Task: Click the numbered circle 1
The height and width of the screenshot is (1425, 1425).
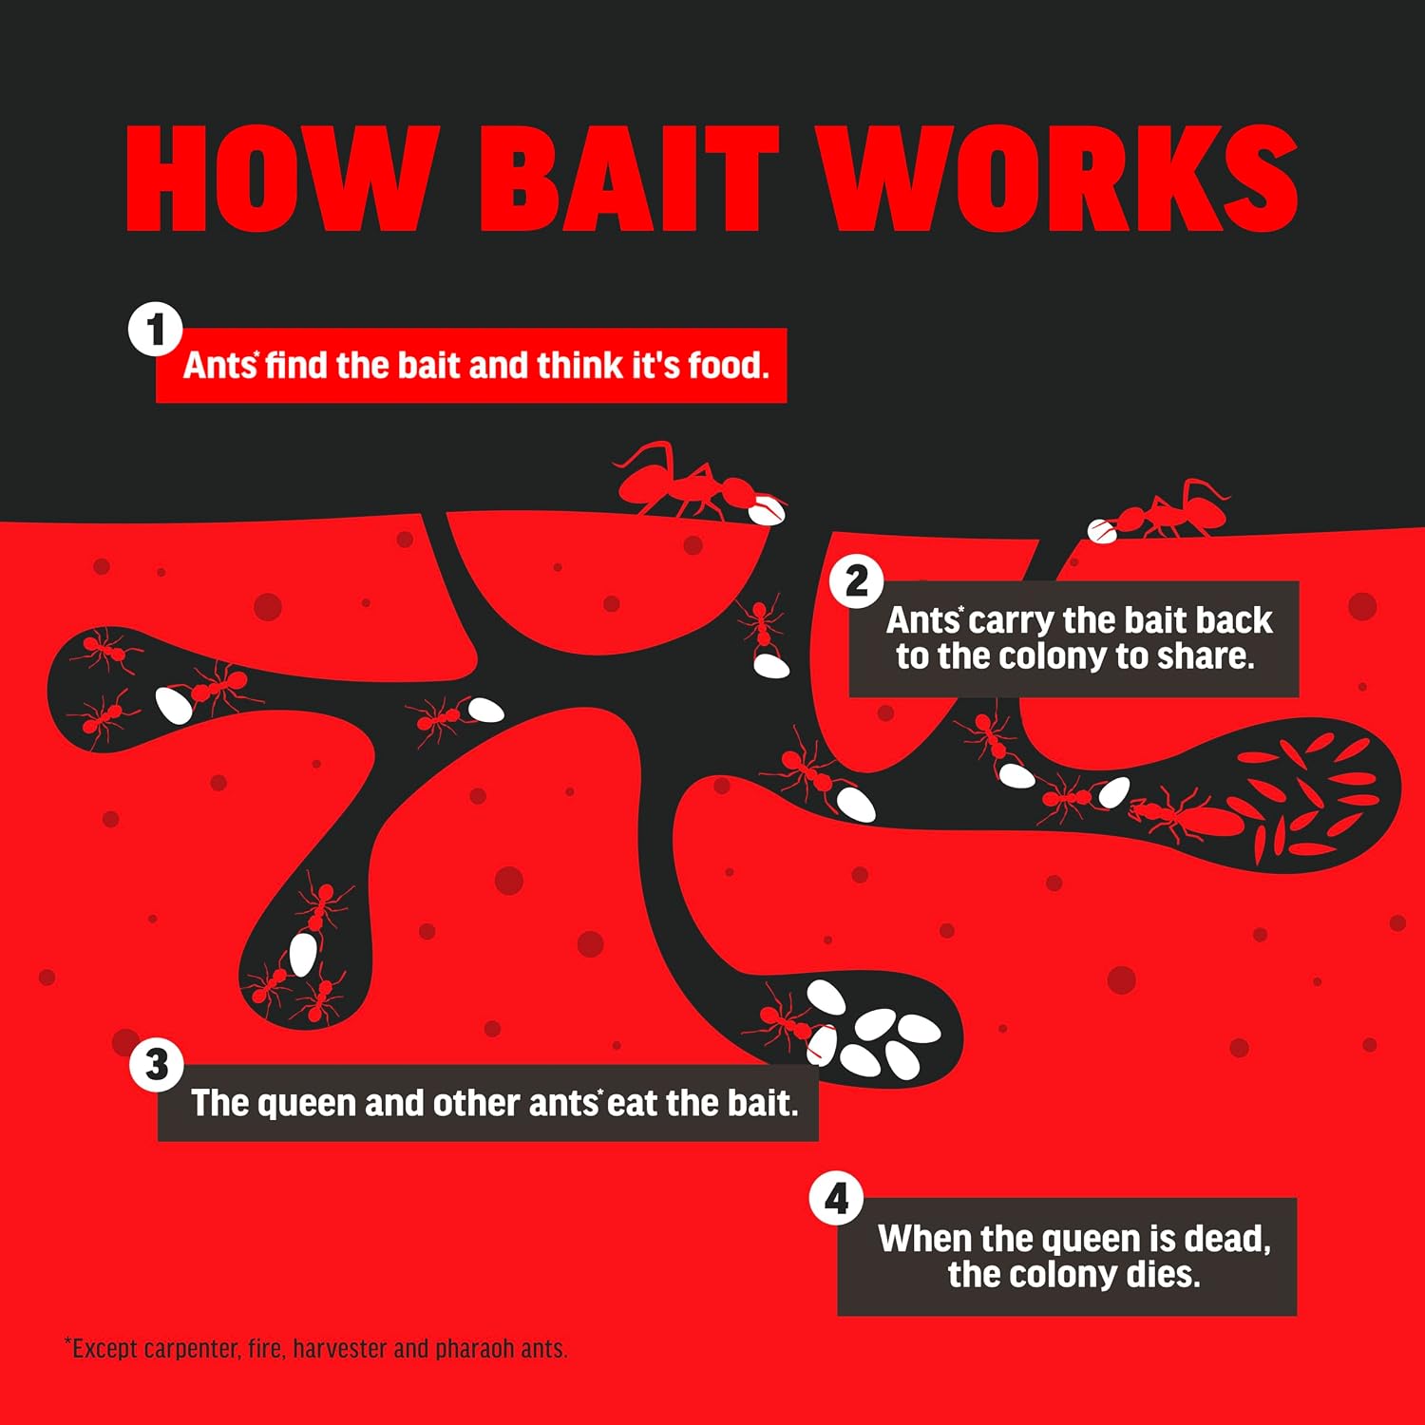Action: tap(156, 330)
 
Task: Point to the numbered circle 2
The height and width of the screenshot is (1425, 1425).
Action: tap(857, 581)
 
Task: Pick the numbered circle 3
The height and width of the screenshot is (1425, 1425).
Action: tap(157, 1065)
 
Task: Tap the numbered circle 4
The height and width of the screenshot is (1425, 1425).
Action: tap(837, 1199)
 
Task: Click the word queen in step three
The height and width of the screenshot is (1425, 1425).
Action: tap(307, 1105)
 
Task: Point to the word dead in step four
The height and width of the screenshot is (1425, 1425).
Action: tap(1226, 1239)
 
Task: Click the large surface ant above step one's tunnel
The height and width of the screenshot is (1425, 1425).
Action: tap(684, 483)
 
